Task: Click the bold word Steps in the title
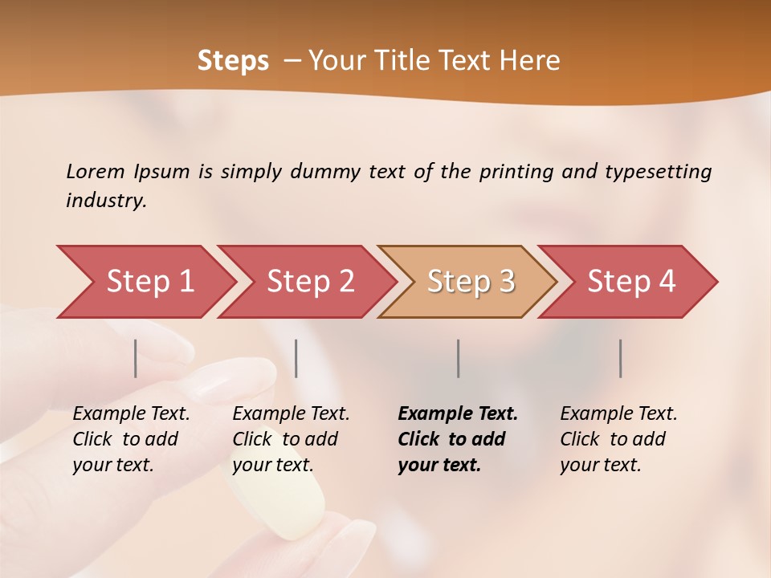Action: point(233,61)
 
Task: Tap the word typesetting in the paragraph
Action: point(658,171)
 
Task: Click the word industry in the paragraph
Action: point(104,201)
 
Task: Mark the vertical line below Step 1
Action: point(136,358)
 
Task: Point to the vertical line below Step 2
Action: point(296,358)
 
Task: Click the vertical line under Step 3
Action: point(459,358)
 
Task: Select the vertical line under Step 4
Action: point(621,358)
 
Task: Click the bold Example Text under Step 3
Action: point(458,414)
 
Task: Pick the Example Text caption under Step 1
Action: point(131,414)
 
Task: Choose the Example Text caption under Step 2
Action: point(291,414)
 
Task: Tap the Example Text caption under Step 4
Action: point(618,414)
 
